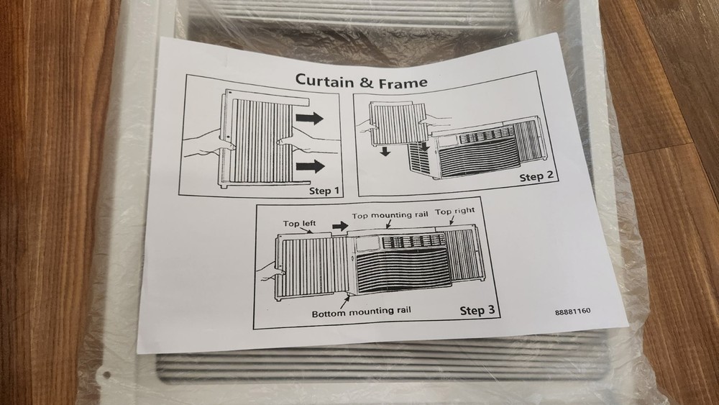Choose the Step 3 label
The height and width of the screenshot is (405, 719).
(477, 311)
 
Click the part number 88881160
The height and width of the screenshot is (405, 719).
(577, 312)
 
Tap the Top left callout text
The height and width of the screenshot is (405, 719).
(299, 224)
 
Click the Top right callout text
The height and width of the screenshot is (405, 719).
(455, 211)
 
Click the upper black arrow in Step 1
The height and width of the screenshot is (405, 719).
(310, 118)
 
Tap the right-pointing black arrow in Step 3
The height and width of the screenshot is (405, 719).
(339, 227)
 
